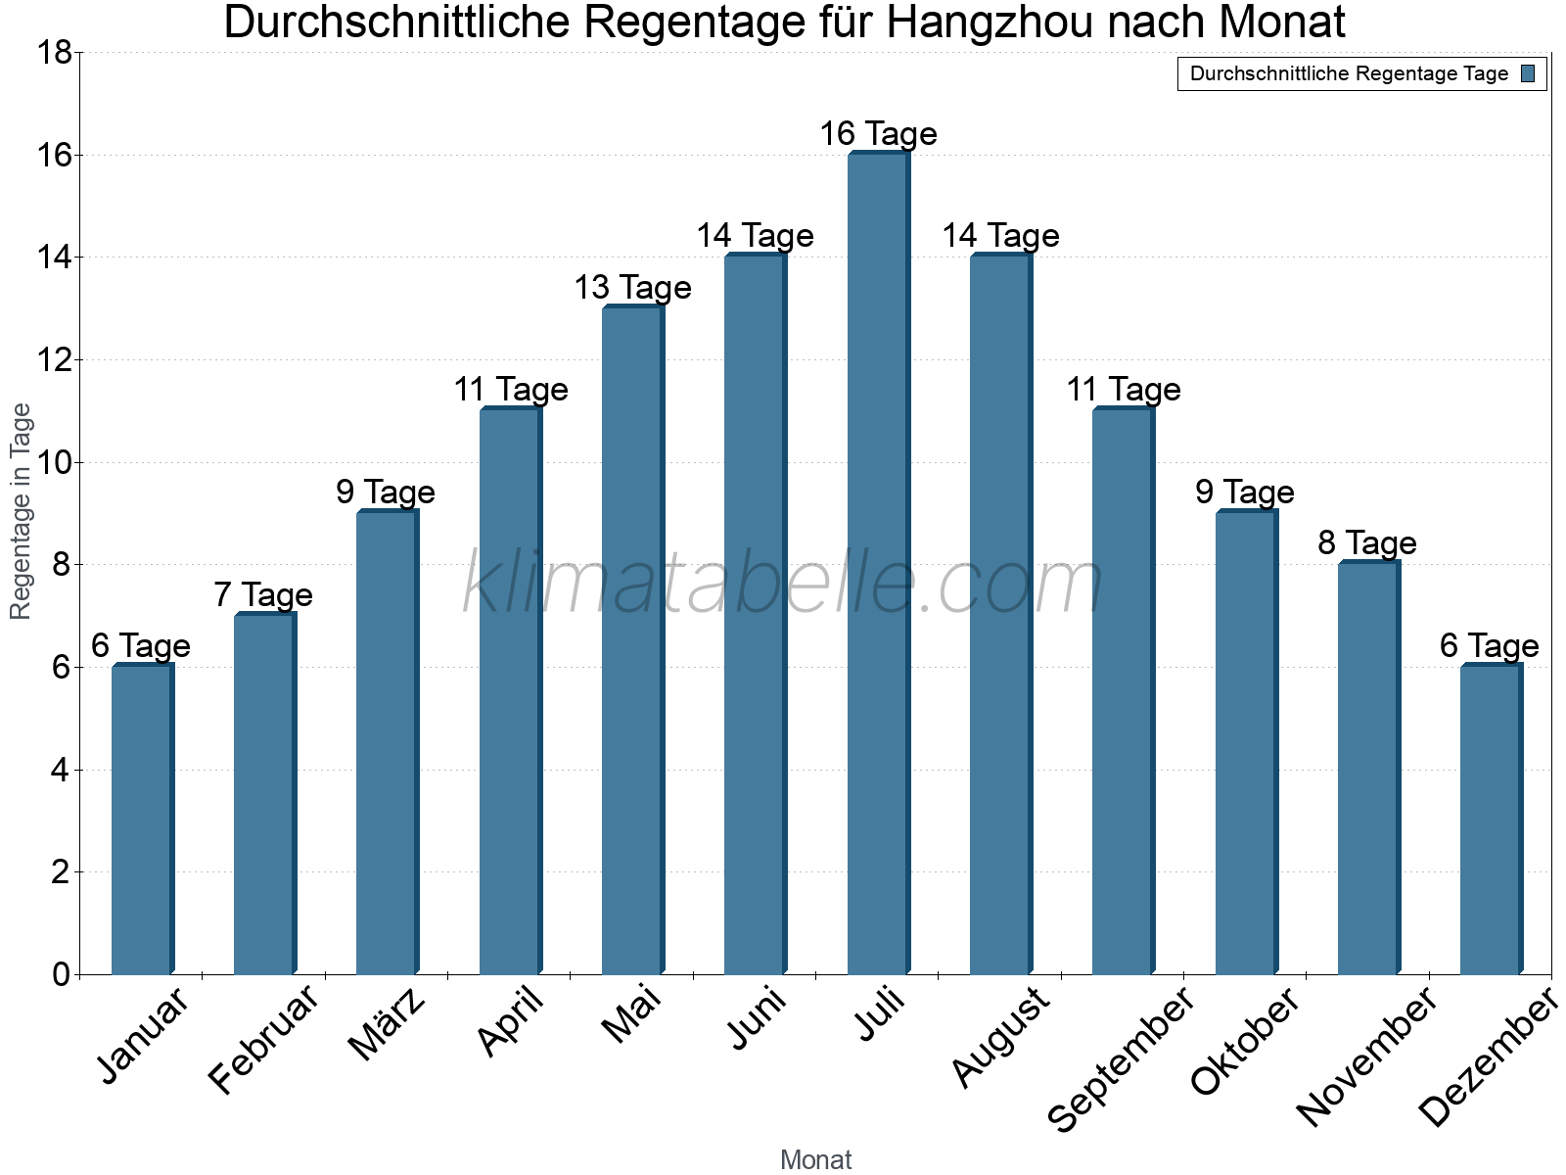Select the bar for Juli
878,563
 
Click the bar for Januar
142,820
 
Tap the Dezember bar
1491,820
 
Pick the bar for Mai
632,640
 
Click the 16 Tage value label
878,133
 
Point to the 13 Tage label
632,287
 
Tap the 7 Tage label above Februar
263,594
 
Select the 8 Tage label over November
1367,542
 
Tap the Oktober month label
1246,1041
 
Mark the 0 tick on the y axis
61,974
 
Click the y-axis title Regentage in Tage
22,511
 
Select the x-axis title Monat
815,1159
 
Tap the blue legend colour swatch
1528,73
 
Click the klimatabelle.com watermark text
783,584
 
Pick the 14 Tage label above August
1000,235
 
